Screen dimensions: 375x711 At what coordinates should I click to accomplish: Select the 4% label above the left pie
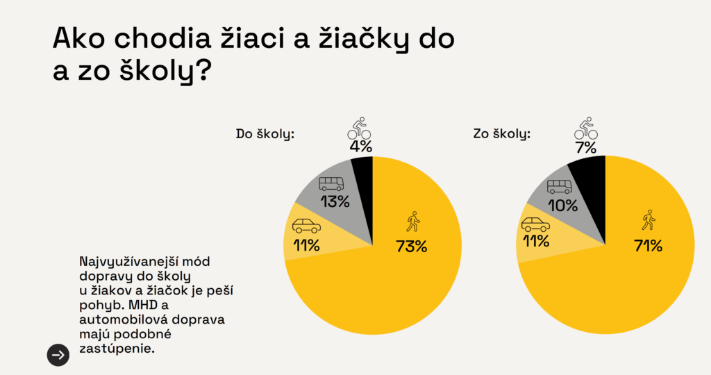(361, 147)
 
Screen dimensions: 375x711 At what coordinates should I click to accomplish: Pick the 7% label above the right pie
(586, 147)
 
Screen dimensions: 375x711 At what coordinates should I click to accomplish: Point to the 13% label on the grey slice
(334, 202)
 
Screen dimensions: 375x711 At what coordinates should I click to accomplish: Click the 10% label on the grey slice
(562, 205)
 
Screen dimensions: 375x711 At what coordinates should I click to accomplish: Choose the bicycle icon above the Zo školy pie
(586, 128)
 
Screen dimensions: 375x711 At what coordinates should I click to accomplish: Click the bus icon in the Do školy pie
(331, 183)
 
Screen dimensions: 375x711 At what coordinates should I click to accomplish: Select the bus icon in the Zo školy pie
(559, 186)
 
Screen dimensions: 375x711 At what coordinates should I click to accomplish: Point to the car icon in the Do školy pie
(306, 226)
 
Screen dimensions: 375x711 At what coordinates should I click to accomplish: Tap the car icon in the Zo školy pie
(535, 224)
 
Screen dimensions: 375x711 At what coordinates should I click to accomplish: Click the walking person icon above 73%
(412, 222)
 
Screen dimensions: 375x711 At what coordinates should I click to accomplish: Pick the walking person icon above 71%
(649, 220)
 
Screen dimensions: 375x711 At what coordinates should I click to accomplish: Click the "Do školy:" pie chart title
(265, 133)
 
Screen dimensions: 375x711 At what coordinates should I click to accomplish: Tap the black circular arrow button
(58, 355)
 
